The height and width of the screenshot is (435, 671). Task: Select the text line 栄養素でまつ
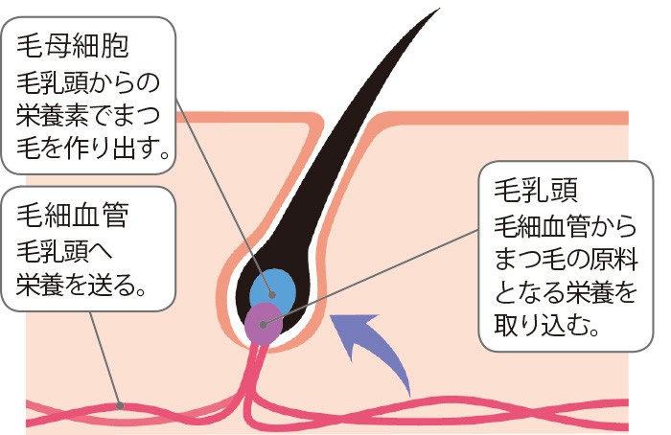92,115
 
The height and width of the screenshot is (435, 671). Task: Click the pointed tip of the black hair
438,11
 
